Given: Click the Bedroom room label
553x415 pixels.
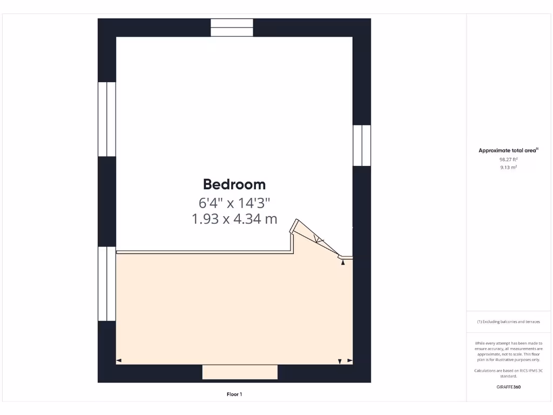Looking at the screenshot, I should coord(234,184).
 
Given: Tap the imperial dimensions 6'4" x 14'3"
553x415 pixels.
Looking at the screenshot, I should coord(234,203).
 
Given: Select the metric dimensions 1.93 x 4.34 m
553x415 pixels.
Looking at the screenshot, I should coord(234,219).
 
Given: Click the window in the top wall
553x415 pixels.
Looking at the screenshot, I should coord(232,28).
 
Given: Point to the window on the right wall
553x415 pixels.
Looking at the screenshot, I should coord(362,145).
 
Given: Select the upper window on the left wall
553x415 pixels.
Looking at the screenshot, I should coord(107,119).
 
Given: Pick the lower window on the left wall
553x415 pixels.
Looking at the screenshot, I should coord(107,284).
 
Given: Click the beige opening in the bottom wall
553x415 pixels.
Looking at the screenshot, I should coord(240,372).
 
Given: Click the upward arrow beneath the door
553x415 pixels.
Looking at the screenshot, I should coord(342,263).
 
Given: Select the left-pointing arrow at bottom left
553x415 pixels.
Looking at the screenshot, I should coord(119,360).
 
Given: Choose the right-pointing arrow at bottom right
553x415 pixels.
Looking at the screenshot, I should coord(349,360).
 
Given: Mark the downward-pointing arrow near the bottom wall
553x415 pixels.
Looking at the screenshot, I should coord(340,361).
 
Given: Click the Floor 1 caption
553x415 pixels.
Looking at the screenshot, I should coord(234,394).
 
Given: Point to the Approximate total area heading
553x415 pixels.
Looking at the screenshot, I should coord(508,151).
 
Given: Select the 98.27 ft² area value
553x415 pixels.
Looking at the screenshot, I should coord(508,159).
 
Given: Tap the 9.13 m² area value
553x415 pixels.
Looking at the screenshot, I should coord(508,168).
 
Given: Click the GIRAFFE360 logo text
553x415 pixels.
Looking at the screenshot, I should coord(508,387).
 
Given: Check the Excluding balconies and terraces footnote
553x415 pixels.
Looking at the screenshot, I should coord(508,322).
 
